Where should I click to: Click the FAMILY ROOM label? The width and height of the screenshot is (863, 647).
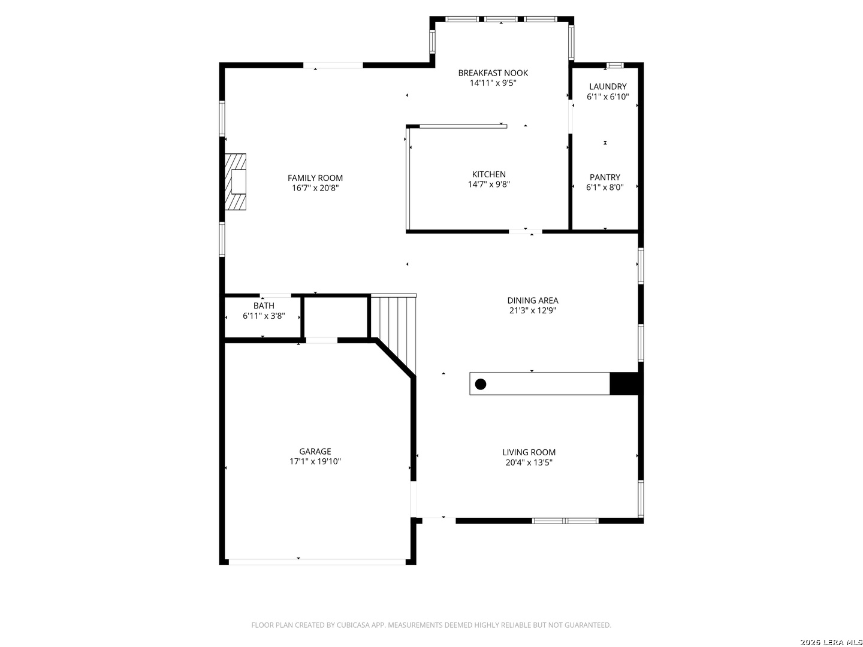[x=315, y=178]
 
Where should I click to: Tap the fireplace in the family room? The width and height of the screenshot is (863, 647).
[x=235, y=182]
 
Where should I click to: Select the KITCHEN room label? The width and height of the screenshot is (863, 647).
[x=488, y=174]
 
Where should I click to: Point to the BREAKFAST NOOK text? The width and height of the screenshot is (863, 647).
[x=493, y=72]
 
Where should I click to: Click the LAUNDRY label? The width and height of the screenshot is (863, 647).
[x=608, y=86]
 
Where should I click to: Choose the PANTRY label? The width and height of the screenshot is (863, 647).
[x=605, y=177]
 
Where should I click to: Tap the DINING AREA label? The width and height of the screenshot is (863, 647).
[x=532, y=300]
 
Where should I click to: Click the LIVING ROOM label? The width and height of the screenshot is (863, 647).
[x=529, y=452]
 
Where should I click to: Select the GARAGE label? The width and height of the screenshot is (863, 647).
[x=315, y=451]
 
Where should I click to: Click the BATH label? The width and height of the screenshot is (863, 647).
[x=264, y=306]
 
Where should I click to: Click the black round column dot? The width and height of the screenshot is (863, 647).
[x=481, y=384]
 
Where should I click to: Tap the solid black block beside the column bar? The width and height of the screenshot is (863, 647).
[x=623, y=383]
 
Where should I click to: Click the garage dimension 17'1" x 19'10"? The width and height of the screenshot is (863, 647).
[x=315, y=461]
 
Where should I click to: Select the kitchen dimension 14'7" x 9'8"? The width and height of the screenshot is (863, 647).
[x=488, y=185]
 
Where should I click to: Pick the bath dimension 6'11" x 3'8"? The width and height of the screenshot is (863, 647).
[x=264, y=316]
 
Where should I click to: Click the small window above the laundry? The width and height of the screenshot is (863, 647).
[x=614, y=65]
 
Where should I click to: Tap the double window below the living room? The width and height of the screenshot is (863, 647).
[x=565, y=521]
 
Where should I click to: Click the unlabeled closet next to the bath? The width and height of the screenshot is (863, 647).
[x=336, y=318]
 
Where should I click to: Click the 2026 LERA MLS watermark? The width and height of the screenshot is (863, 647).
[x=831, y=642]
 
